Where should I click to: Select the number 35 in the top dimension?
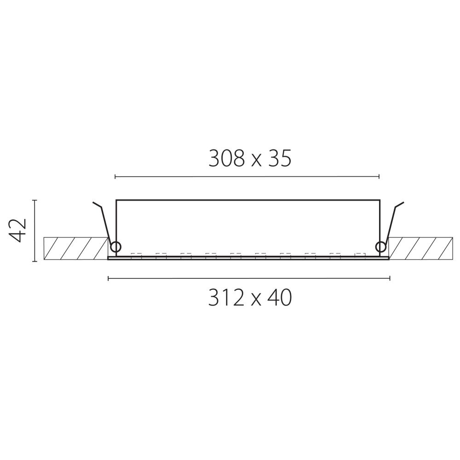click(x=278, y=159)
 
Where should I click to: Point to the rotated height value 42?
click(x=19, y=230)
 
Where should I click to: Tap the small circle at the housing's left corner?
click(x=115, y=247)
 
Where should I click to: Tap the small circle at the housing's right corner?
click(x=380, y=247)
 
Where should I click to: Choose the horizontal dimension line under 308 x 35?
click(x=247, y=176)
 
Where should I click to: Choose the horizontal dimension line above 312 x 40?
click(x=249, y=278)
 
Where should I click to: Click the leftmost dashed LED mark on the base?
click(x=136, y=255)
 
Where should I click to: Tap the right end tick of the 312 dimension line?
click(x=390, y=278)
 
